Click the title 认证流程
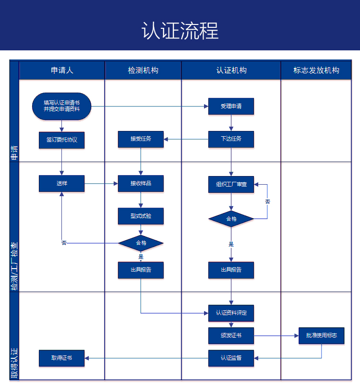pyautogui.click(x=180, y=31)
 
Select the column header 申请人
pyautogui.click(x=62, y=70)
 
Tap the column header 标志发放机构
pyautogui.click(x=316, y=70)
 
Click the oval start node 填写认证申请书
pyautogui.click(x=61, y=106)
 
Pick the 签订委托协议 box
pyautogui.click(x=61, y=140)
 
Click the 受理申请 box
pyautogui.click(x=231, y=106)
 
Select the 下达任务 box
pyautogui.click(x=231, y=139)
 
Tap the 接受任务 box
pyautogui.click(x=141, y=139)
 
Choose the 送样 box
pyautogui.click(x=61, y=183)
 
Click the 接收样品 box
pyautogui.click(x=141, y=183)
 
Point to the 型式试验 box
pyautogui.click(x=141, y=216)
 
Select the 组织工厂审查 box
pyautogui.click(x=231, y=184)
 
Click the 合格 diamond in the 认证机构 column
pyautogui.click(x=231, y=219)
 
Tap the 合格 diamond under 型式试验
pyautogui.click(x=141, y=243)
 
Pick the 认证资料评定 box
pyautogui.click(x=231, y=313)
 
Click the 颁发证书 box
pyautogui.click(x=231, y=336)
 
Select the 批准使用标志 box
pyautogui.click(x=321, y=335)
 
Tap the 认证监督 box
pyautogui.click(x=231, y=358)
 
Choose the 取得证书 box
pyautogui.click(x=61, y=358)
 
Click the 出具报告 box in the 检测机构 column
pyautogui.click(x=141, y=270)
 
